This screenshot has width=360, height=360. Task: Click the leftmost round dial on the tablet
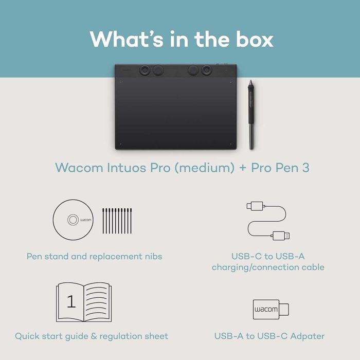tap(143, 69)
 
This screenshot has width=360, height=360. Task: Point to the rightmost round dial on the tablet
tap(207, 69)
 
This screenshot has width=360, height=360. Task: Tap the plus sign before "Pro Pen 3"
tap(242, 168)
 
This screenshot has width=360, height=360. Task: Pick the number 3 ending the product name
tap(305, 168)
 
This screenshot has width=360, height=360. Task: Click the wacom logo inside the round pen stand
tap(74, 220)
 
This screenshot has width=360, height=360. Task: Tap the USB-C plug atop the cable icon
tap(255, 207)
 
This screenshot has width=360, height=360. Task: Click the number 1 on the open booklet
tap(71, 301)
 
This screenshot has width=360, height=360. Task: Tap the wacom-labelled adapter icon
tap(271, 310)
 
